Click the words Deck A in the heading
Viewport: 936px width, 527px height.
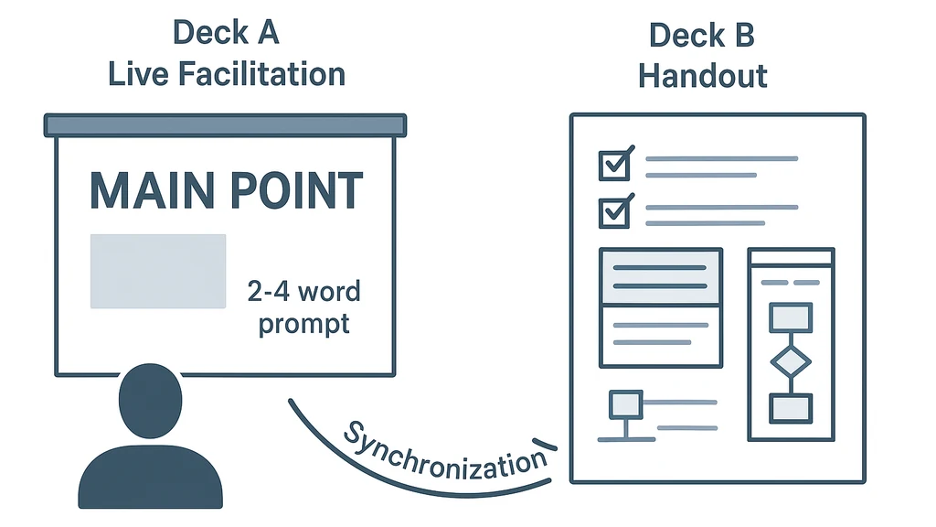click(x=227, y=33)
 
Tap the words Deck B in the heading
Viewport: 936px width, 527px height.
click(x=702, y=36)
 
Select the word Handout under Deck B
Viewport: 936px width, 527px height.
click(x=702, y=75)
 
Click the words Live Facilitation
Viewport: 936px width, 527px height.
click(x=227, y=73)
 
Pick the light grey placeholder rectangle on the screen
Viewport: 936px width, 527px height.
click(x=157, y=271)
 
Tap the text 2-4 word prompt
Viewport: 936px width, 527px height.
click(x=303, y=307)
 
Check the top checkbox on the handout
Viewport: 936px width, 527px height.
click(x=613, y=165)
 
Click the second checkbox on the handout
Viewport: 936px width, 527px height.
click(x=613, y=212)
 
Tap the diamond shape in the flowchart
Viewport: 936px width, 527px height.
click(x=791, y=362)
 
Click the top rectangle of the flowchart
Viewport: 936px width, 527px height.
click(x=791, y=317)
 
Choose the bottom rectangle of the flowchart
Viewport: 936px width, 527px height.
click(x=791, y=408)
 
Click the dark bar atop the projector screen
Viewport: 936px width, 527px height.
click(x=225, y=125)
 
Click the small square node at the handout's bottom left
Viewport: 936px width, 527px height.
click(x=625, y=403)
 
